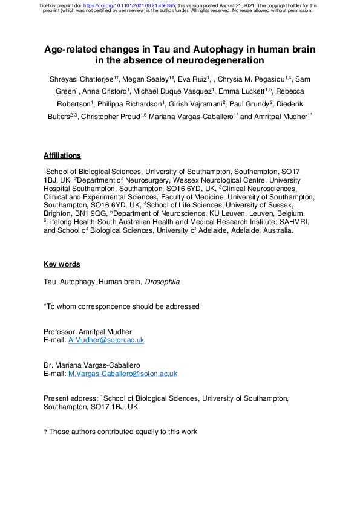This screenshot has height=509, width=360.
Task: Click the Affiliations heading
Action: pyautogui.click(x=62, y=155)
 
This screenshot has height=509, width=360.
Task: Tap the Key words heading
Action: pyautogui.click(x=62, y=264)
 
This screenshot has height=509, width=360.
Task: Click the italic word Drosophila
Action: pyautogui.click(x=163, y=282)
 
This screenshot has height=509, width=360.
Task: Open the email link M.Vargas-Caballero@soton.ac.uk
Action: pyautogui.click(x=123, y=374)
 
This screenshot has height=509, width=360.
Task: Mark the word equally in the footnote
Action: pyautogui.click(x=151, y=432)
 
